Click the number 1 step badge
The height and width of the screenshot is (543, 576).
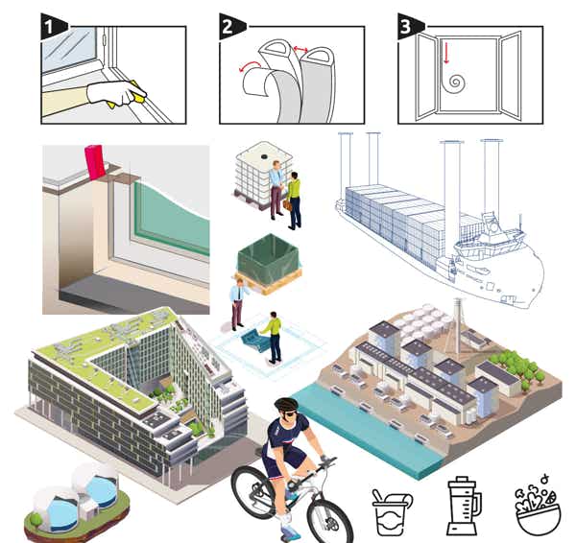tap(50, 25)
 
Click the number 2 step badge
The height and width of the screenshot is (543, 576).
tap(228, 25)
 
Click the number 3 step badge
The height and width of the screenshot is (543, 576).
tap(407, 25)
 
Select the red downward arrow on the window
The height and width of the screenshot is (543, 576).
tap(445, 55)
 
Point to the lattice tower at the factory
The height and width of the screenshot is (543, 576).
tap(455, 320)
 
